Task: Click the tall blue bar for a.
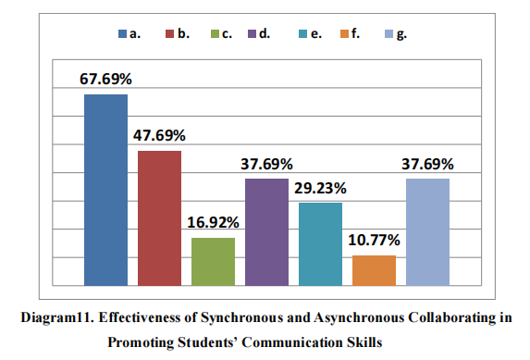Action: (x=105, y=190)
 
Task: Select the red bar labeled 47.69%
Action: (x=159, y=217)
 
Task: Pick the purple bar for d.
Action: (x=266, y=231)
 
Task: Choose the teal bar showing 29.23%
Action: (x=320, y=243)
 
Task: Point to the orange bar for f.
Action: (x=374, y=269)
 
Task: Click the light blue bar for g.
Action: (x=427, y=231)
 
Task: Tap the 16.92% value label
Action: (x=214, y=222)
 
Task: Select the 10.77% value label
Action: (x=375, y=240)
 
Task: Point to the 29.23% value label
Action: (x=321, y=187)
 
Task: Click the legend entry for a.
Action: (x=129, y=33)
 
